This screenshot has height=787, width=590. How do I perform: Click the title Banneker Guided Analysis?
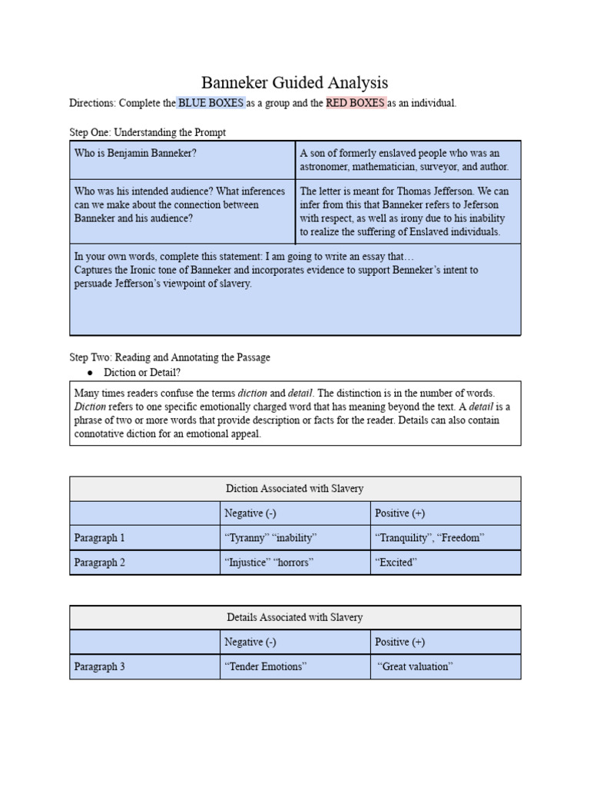pyautogui.click(x=294, y=82)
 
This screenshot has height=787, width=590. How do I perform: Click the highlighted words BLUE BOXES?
pyautogui.click(x=210, y=103)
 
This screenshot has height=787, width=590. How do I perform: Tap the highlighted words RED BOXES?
pyautogui.click(x=355, y=103)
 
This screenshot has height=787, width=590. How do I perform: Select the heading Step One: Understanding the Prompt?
pyautogui.click(x=147, y=133)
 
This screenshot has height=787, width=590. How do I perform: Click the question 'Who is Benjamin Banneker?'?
pyautogui.click(x=135, y=153)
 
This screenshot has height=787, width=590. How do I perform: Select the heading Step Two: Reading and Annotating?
pyautogui.click(x=170, y=357)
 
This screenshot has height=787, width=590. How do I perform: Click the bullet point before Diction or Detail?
pyautogui.click(x=90, y=373)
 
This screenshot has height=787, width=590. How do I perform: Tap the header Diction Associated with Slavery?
pyautogui.click(x=294, y=489)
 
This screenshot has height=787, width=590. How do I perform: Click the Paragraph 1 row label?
pyautogui.click(x=99, y=538)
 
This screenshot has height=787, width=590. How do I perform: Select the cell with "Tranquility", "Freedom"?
pyautogui.click(x=429, y=538)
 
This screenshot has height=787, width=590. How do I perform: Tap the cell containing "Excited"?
pyautogui.click(x=396, y=563)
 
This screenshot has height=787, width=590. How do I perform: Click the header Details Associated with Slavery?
pyautogui.click(x=294, y=618)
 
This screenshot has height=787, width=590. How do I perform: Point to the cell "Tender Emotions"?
pyautogui.click(x=265, y=667)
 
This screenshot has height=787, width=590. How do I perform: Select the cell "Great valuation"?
pyautogui.click(x=414, y=667)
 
